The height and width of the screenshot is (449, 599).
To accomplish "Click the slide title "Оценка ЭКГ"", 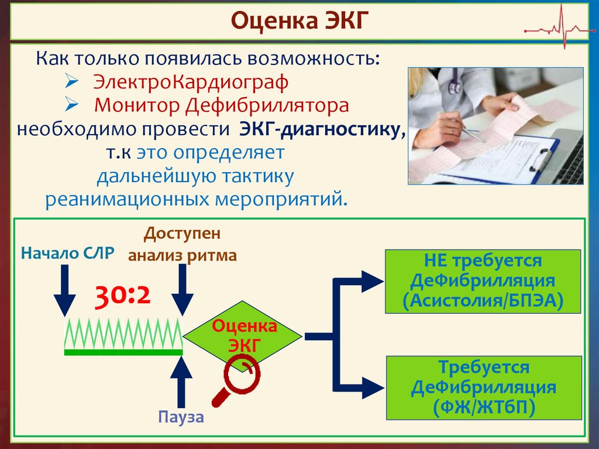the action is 299,20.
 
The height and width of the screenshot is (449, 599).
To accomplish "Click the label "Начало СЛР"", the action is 67,253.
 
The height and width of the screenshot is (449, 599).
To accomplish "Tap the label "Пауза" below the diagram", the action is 181,417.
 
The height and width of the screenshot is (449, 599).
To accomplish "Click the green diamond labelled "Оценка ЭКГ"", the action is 243,335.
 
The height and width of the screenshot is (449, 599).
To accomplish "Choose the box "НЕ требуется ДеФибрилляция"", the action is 483,281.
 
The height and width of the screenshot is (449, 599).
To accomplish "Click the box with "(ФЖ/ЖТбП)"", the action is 483,388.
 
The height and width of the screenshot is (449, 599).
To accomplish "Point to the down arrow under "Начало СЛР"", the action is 64,290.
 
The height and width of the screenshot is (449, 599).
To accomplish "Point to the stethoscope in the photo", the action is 454,83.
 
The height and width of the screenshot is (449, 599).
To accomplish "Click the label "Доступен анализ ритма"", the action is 183,244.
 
